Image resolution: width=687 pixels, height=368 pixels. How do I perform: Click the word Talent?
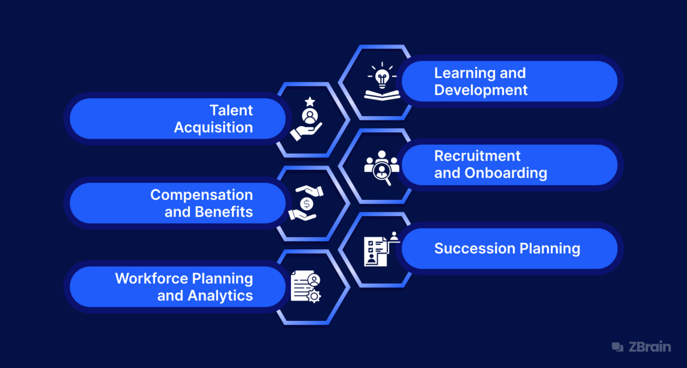click(x=231, y=111)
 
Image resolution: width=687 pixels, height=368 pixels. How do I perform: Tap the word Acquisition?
click(x=213, y=128)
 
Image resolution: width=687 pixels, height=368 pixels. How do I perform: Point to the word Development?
click(x=481, y=90)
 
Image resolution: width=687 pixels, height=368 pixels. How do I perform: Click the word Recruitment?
click(x=477, y=156)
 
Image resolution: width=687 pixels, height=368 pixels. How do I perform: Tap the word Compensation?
click(x=201, y=194)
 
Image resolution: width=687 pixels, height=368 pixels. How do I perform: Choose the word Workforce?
click(x=152, y=278)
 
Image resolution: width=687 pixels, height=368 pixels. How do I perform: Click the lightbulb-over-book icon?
click(x=382, y=82)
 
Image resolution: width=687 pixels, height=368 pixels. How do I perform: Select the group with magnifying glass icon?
click(x=382, y=167)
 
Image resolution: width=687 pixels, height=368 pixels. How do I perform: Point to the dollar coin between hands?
click(x=306, y=204)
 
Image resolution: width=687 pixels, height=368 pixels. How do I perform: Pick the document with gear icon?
click(x=305, y=287)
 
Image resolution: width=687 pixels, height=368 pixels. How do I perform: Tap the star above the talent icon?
click(x=309, y=101)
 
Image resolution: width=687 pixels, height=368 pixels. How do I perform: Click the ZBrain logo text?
click(x=649, y=347)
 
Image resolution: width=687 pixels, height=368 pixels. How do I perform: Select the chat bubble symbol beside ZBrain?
click(x=618, y=347)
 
